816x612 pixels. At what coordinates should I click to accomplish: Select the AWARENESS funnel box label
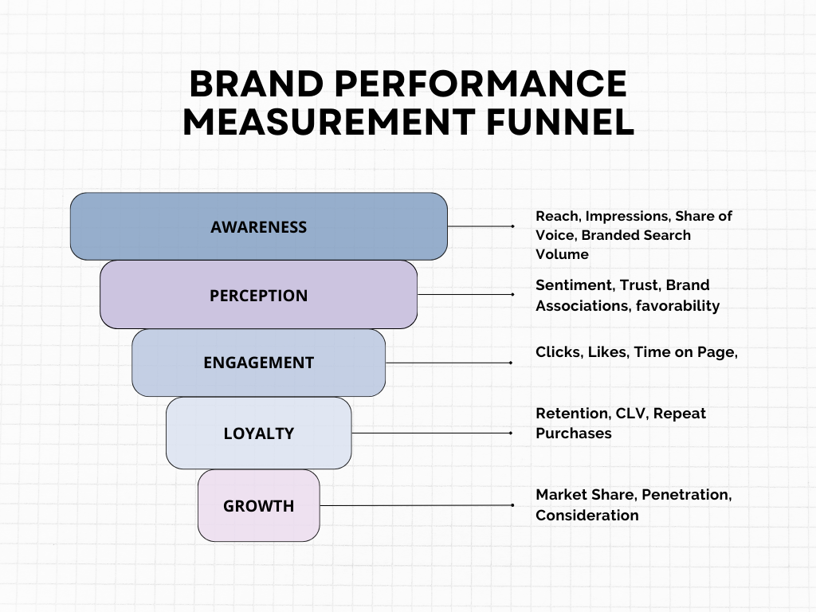tap(258, 227)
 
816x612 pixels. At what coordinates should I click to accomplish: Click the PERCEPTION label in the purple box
tap(258, 296)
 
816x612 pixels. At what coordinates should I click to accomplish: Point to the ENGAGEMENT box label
tap(258, 363)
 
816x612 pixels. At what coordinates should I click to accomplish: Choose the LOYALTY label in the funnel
tap(258, 433)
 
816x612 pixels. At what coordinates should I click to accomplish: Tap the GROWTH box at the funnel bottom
tap(258, 506)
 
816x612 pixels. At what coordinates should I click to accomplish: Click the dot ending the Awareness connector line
tap(512, 226)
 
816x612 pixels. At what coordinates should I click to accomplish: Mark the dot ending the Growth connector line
tap(512, 505)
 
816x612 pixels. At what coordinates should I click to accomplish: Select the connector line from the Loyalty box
tap(430, 433)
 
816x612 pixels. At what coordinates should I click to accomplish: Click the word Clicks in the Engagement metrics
tap(558, 352)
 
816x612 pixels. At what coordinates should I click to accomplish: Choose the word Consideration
tap(586, 516)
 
